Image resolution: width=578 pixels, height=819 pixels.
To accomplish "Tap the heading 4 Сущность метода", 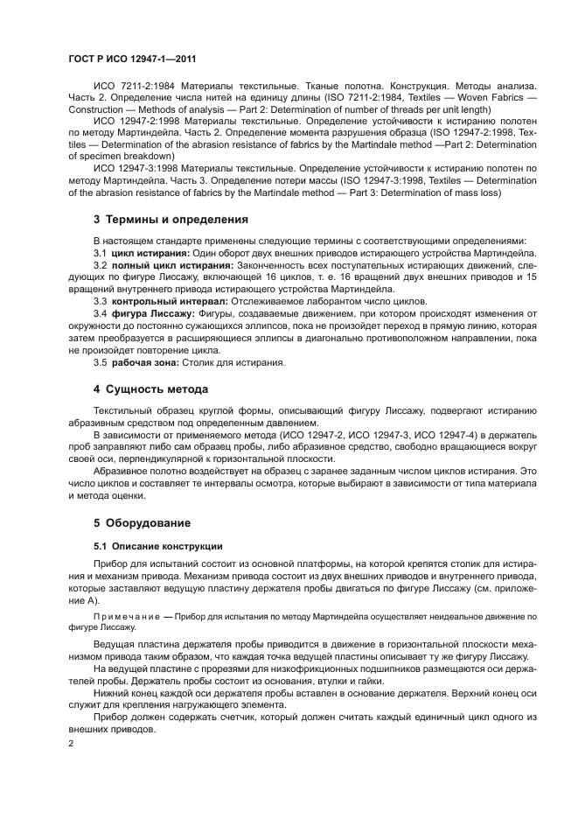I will pyautogui.click(x=151, y=388).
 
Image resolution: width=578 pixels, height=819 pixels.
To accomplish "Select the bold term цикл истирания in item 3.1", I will pyautogui.click(x=144, y=251).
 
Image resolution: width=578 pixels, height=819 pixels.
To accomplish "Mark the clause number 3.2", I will pyautogui.click(x=101, y=263).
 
